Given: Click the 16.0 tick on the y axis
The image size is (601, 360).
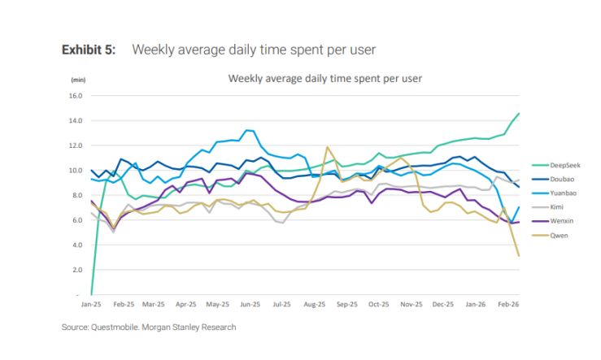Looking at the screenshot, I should [76, 96].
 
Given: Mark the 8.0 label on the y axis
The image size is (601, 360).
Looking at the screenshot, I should [78, 195].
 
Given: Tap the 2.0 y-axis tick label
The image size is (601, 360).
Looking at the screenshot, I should [78, 270].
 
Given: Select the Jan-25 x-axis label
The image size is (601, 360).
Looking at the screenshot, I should [90, 304].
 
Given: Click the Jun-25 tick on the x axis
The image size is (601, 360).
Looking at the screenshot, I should [249, 304].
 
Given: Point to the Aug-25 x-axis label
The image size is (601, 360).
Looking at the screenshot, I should [313, 304].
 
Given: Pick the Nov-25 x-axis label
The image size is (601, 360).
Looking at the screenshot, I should [411, 304].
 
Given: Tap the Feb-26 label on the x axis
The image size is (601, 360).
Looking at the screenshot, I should [507, 304].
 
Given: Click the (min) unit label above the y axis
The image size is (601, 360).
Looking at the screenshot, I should [78, 80].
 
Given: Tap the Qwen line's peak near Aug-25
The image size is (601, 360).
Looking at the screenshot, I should [327, 147].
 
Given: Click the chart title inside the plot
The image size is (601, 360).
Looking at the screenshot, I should [318, 79].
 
